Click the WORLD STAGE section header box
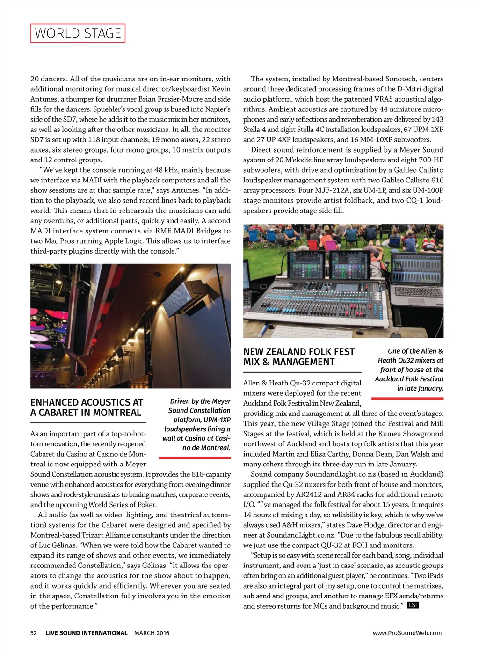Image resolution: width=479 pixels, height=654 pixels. [x=78, y=33]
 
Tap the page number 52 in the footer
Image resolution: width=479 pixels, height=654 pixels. [x=34, y=633]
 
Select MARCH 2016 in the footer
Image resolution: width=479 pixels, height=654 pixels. [x=152, y=633]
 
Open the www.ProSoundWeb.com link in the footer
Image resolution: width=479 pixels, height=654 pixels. [x=407, y=633]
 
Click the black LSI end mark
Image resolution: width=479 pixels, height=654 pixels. [x=413, y=605]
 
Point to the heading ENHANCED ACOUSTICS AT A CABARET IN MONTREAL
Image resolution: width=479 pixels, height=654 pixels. [x=87, y=407]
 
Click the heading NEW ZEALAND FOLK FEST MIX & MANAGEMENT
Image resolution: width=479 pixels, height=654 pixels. [x=298, y=356]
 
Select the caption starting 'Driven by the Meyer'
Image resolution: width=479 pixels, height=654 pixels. [x=197, y=424]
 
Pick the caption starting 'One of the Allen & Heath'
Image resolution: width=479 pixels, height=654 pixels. [x=409, y=370]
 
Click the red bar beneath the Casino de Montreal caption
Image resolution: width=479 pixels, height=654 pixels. [x=195, y=457]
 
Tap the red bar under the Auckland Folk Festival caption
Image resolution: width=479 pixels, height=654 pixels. [x=407, y=399]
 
